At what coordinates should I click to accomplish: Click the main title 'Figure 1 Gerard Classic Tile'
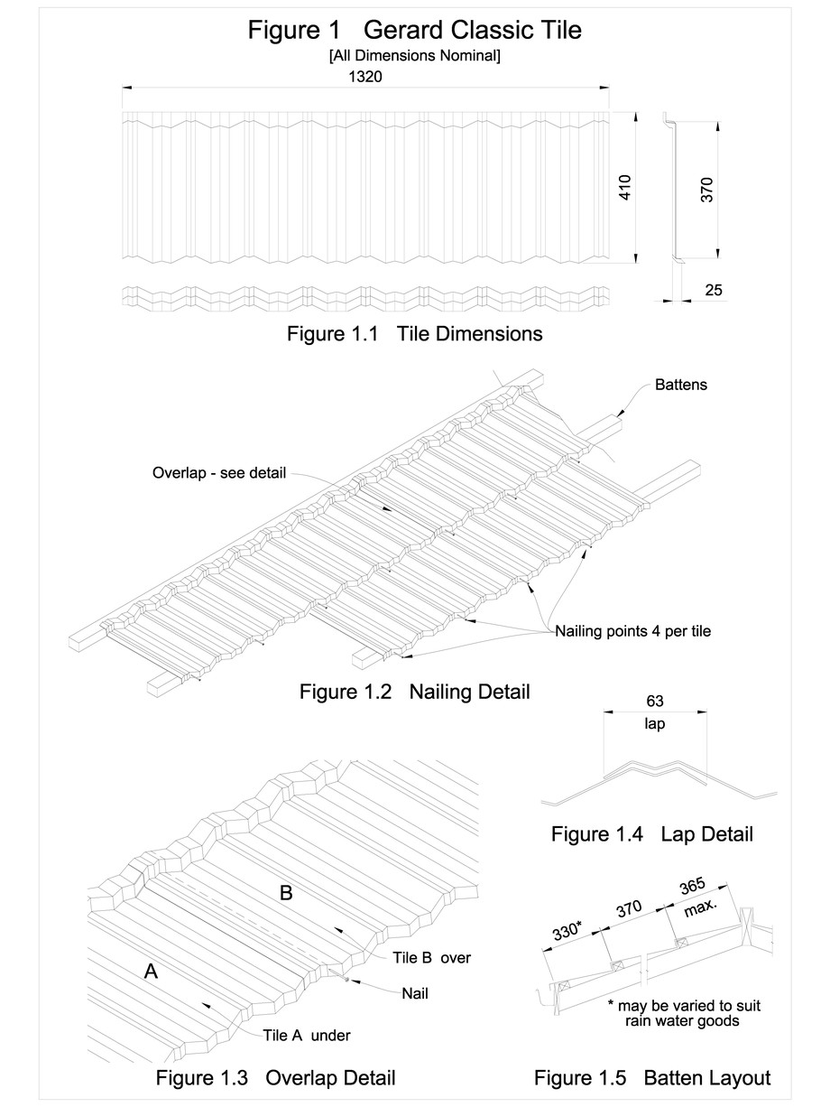coord(415,31)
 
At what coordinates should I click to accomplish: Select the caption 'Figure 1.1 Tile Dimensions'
coord(414,334)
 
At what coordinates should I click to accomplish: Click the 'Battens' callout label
coord(681,385)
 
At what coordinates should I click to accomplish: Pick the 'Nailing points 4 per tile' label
coord(632,631)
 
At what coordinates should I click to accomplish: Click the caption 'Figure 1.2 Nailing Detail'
coord(414,693)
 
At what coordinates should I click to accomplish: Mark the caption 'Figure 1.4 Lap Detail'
coord(651,833)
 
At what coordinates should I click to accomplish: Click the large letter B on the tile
coord(286,893)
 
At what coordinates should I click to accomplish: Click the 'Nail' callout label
coord(414,993)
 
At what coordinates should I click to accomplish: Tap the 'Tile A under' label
coord(306,1035)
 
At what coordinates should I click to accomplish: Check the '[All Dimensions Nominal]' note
coord(415,56)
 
